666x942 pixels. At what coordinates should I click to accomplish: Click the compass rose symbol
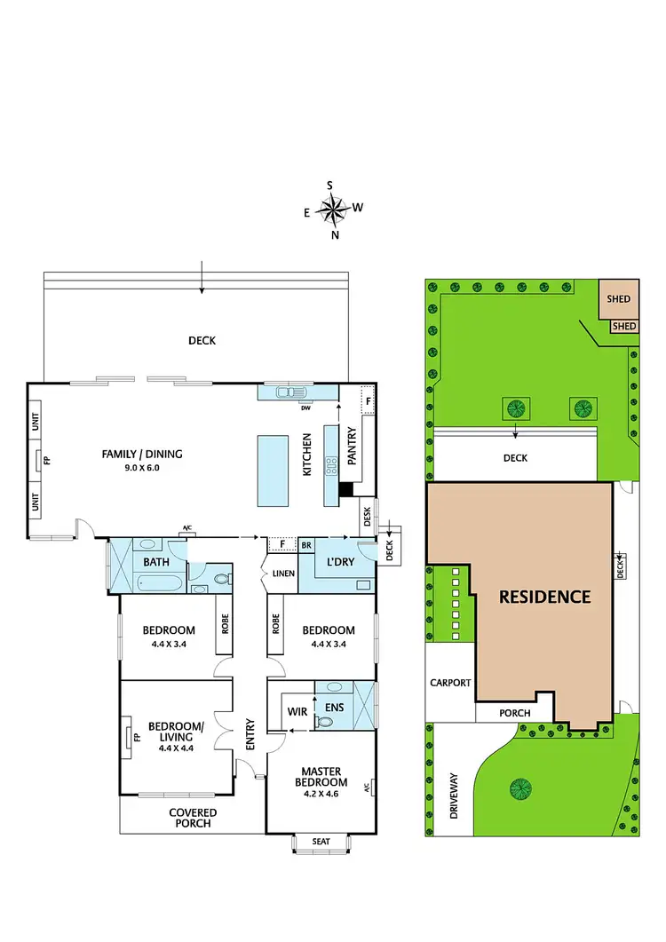[334, 210]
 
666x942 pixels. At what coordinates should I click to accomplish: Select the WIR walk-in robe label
[297, 712]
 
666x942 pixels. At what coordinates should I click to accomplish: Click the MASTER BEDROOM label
[322, 777]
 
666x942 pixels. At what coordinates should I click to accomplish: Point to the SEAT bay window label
[321, 842]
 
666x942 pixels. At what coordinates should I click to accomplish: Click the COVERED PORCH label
[193, 818]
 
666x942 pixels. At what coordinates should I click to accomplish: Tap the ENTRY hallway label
[250, 734]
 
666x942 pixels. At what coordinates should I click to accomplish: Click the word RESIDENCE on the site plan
[544, 597]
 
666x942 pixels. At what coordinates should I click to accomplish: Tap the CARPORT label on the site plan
[450, 684]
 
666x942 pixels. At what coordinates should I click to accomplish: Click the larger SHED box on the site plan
[618, 299]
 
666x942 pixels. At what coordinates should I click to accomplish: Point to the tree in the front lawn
[518, 787]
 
